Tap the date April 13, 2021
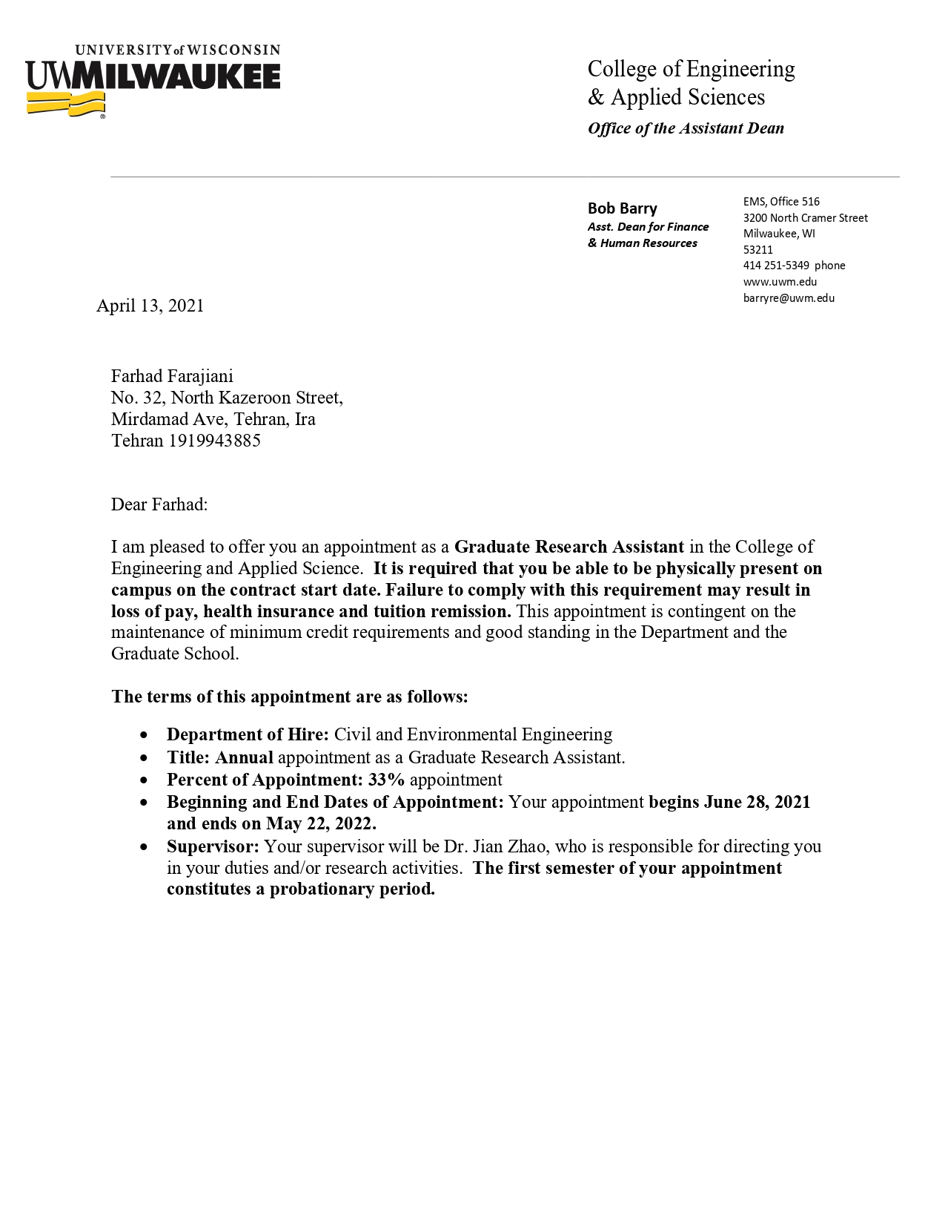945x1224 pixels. pos(150,306)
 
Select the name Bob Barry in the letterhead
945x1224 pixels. pos(622,208)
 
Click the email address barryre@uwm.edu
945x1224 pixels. pos(789,298)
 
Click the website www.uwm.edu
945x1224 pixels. pos(780,282)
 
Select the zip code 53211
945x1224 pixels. pos(757,250)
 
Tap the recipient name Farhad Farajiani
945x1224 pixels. pos(172,377)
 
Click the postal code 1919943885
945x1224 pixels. pos(214,441)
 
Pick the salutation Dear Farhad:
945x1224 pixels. pos(159,504)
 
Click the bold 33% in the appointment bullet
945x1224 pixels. pos(386,780)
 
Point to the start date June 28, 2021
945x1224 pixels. pos(757,802)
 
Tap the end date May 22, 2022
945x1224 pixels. pos(321,823)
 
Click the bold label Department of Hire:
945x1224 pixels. pos(248,734)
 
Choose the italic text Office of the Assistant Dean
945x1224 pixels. pos(686,128)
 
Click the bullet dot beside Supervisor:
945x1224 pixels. pos(145,847)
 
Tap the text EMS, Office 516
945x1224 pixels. pos(781,202)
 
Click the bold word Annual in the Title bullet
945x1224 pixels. pos(244,757)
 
